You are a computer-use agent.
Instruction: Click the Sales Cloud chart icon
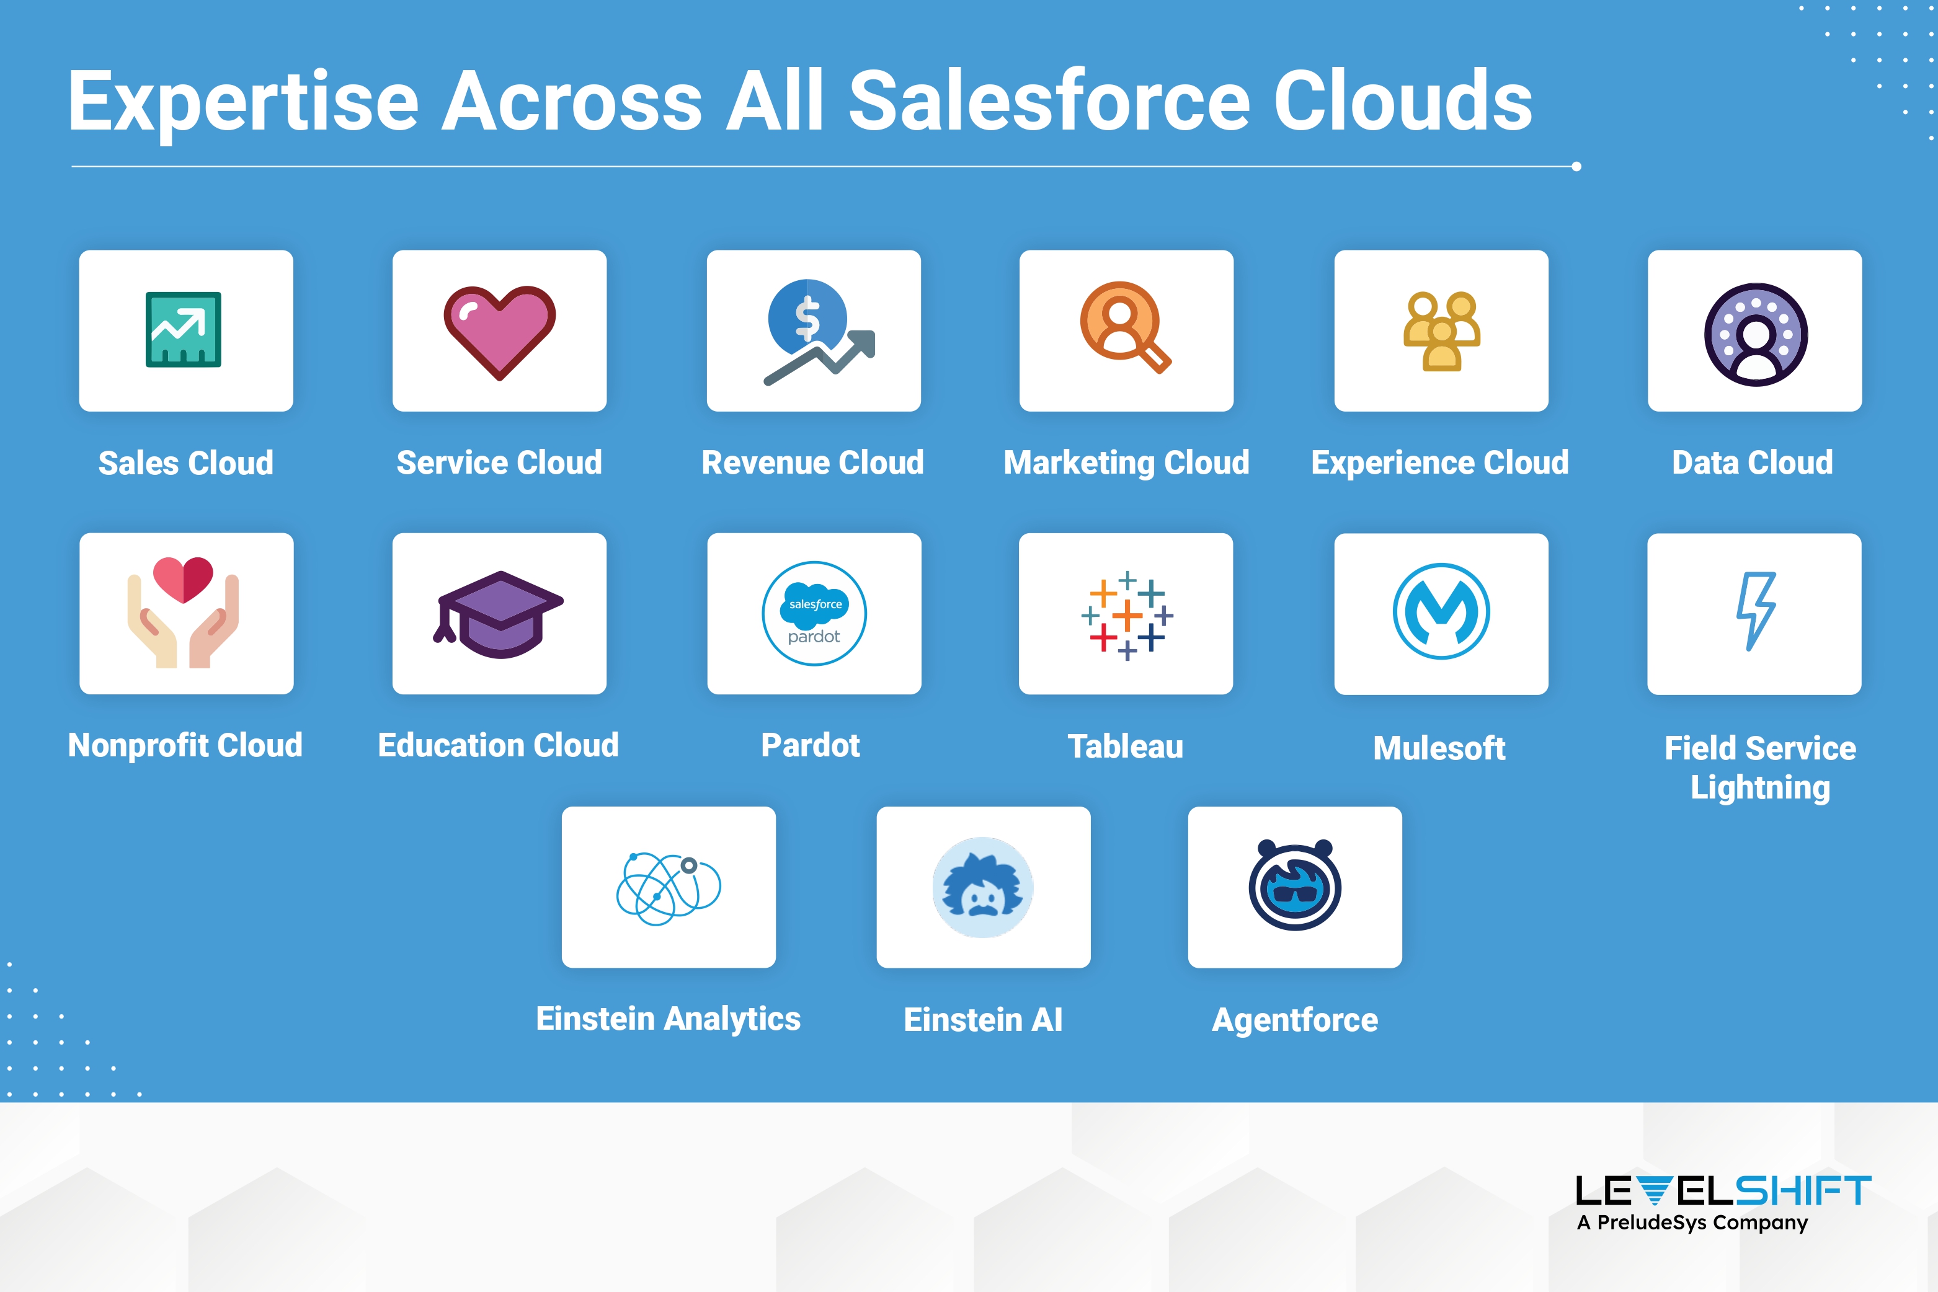[183, 330]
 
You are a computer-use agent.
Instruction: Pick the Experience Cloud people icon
[1442, 331]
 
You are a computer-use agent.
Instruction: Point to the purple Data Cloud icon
[1756, 335]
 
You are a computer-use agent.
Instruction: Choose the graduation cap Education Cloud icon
[499, 614]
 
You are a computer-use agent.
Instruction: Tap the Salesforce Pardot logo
[814, 614]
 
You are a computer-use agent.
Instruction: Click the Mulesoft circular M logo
[1441, 611]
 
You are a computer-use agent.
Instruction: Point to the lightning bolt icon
[1756, 611]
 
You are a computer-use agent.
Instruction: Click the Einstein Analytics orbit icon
[669, 889]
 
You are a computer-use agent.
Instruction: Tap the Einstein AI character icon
[982, 887]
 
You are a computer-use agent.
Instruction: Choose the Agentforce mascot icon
[1295, 885]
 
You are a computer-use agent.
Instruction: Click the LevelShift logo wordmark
[1723, 1192]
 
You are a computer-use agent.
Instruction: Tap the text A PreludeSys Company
[1692, 1223]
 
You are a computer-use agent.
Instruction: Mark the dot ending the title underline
[1576, 166]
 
